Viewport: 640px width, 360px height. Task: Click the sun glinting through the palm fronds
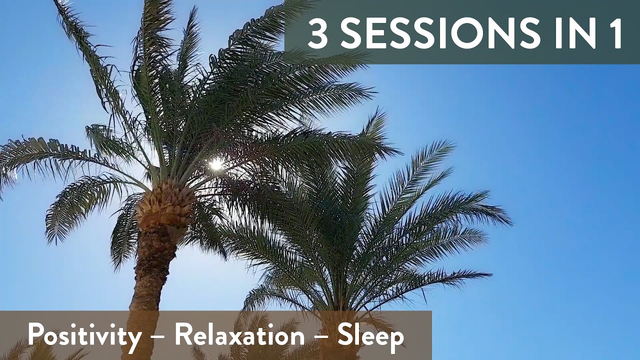pos(216,164)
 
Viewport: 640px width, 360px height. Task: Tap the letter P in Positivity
pos(35,335)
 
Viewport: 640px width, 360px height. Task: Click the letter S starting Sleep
pos(345,335)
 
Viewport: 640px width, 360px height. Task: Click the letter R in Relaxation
pos(182,335)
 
